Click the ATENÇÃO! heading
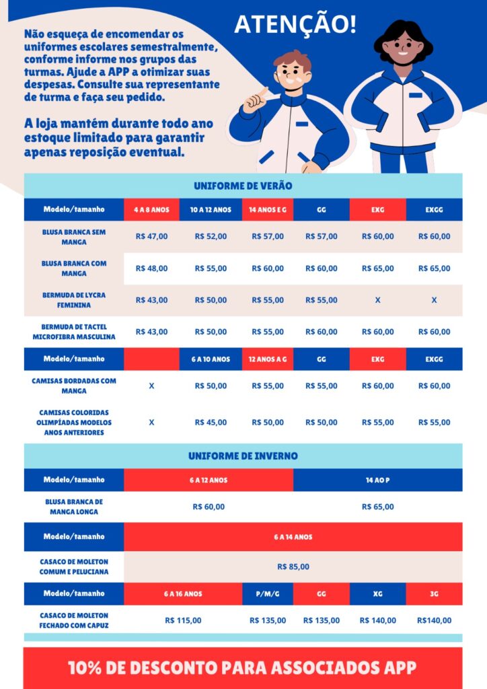pos(295,25)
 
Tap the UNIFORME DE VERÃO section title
pos(243,186)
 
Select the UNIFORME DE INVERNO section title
pos(243,456)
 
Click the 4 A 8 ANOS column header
pos(151,209)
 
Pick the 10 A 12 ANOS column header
pos(211,209)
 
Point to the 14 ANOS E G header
pos(268,209)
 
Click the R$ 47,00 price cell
pos(151,236)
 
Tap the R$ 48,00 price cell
pos(151,268)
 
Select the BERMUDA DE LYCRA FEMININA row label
pos(74,299)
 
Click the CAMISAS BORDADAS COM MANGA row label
pos(74,386)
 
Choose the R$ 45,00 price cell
pos(211,422)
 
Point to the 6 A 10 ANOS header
pos(211,359)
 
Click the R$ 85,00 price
pos(293,567)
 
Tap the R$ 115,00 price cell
pos(183,620)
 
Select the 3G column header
pos(434,593)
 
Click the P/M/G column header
pos(268,593)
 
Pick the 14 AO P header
pos(377,480)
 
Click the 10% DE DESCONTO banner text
pos(243,667)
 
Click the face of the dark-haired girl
pos(402,48)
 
